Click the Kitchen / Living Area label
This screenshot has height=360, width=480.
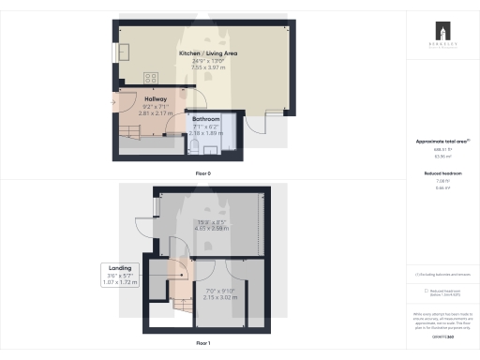(x=208, y=54)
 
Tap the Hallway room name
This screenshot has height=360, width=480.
(x=157, y=98)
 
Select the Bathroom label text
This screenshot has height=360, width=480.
(x=205, y=120)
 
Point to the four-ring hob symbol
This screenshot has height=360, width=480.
(x=149, y=77)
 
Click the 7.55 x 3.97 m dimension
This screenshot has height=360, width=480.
(x=208, y=67)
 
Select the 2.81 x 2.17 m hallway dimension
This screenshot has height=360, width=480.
(x=157, y=112)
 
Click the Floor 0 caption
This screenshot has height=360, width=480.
(x=202, y=174)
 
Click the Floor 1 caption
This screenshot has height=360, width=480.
(x=202, y=343)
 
